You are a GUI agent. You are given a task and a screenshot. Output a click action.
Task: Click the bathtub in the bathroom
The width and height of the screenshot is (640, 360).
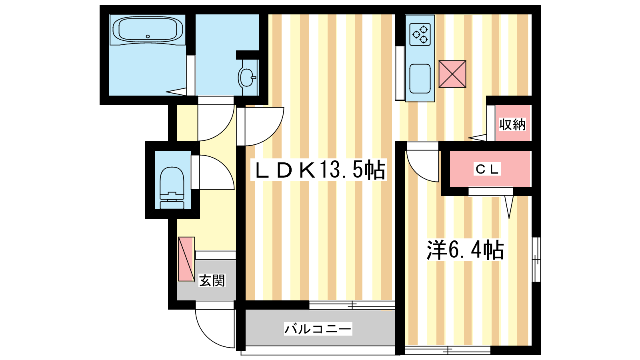click(148, 30)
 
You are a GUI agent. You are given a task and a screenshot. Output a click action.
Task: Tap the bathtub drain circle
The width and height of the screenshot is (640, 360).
click(148, 36)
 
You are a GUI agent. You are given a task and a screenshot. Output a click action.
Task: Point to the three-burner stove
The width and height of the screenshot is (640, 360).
click(420, 34)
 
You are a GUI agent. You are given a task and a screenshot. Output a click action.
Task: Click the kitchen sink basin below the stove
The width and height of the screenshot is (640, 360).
click(420, 78)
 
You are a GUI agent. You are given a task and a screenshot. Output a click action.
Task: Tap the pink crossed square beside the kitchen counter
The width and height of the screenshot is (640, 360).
click(452, 74)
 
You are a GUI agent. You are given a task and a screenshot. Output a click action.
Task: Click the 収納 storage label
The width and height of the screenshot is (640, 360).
click(512, 124)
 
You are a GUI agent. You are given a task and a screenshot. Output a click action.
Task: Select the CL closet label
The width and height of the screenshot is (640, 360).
click(487, 169)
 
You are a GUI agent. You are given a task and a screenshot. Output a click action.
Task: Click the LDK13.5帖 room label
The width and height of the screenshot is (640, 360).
click(318, 170)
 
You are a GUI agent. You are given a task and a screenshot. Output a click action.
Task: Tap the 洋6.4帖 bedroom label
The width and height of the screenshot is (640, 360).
click(465, 250)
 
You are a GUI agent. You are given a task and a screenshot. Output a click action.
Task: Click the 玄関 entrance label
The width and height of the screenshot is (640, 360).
click(212, 280)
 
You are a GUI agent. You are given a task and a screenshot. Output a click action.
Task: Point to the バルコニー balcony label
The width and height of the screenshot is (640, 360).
click(318, 329)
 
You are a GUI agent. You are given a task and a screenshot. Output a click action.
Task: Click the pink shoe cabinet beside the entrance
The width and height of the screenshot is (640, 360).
click(186, 259)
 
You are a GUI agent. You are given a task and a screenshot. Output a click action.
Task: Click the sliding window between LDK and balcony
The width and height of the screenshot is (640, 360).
click(352, 305)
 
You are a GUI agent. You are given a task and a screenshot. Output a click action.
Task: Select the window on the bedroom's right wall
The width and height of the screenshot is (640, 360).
click(536, 260)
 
